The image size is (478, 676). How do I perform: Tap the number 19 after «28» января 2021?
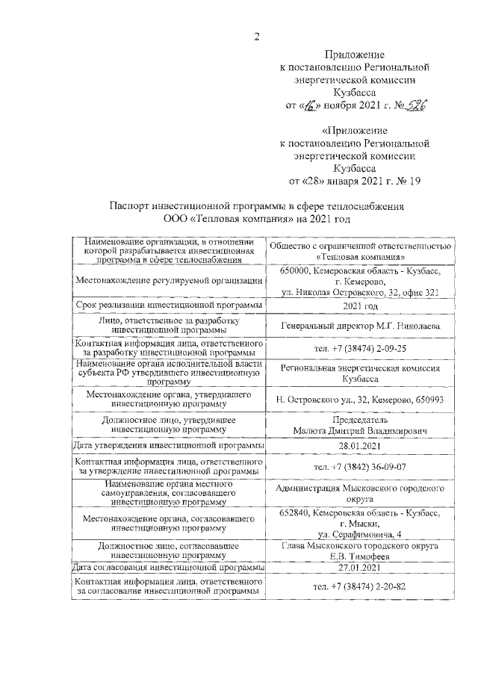click(415, 181)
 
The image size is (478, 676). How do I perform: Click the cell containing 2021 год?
click(360, 306)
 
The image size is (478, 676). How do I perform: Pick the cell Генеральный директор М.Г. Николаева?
click(360, 326)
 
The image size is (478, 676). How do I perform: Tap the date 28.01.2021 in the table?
click(360, 445)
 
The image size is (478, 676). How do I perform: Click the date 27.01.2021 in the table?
click(360, 568)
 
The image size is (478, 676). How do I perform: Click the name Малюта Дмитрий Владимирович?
click(360, 431)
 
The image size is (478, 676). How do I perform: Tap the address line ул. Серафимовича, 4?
click(360, 533)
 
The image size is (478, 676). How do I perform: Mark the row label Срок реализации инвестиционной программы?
click(168, 306)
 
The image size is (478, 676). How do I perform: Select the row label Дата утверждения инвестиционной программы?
click(168, 445)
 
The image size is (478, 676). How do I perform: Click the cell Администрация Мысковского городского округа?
click(360, 494)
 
